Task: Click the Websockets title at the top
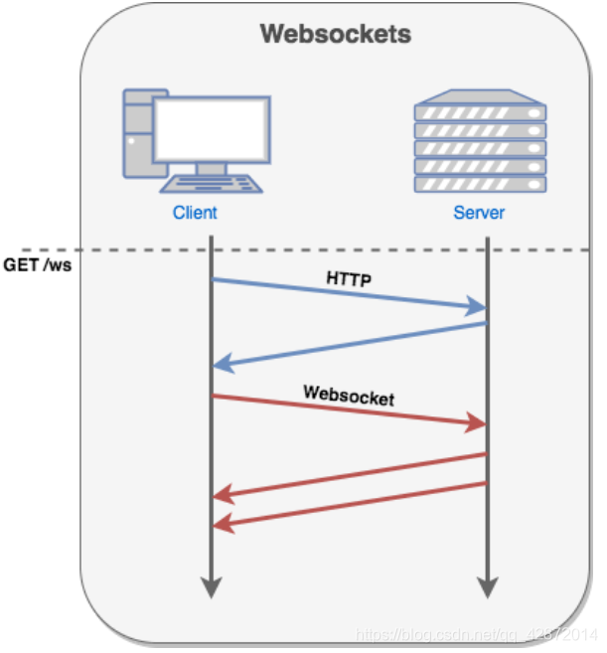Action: coord(335,34)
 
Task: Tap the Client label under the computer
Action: coord(195,212)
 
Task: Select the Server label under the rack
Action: coord(479,212)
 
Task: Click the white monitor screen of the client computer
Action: coord(212,129)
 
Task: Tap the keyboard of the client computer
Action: coord(211,185)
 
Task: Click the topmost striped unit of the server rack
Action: coord(480,114)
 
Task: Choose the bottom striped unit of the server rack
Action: coord(480,185)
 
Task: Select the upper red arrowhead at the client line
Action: coord(224,494)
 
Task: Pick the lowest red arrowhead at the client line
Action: coord(224,524)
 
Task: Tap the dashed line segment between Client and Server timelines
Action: coord(348,248)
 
